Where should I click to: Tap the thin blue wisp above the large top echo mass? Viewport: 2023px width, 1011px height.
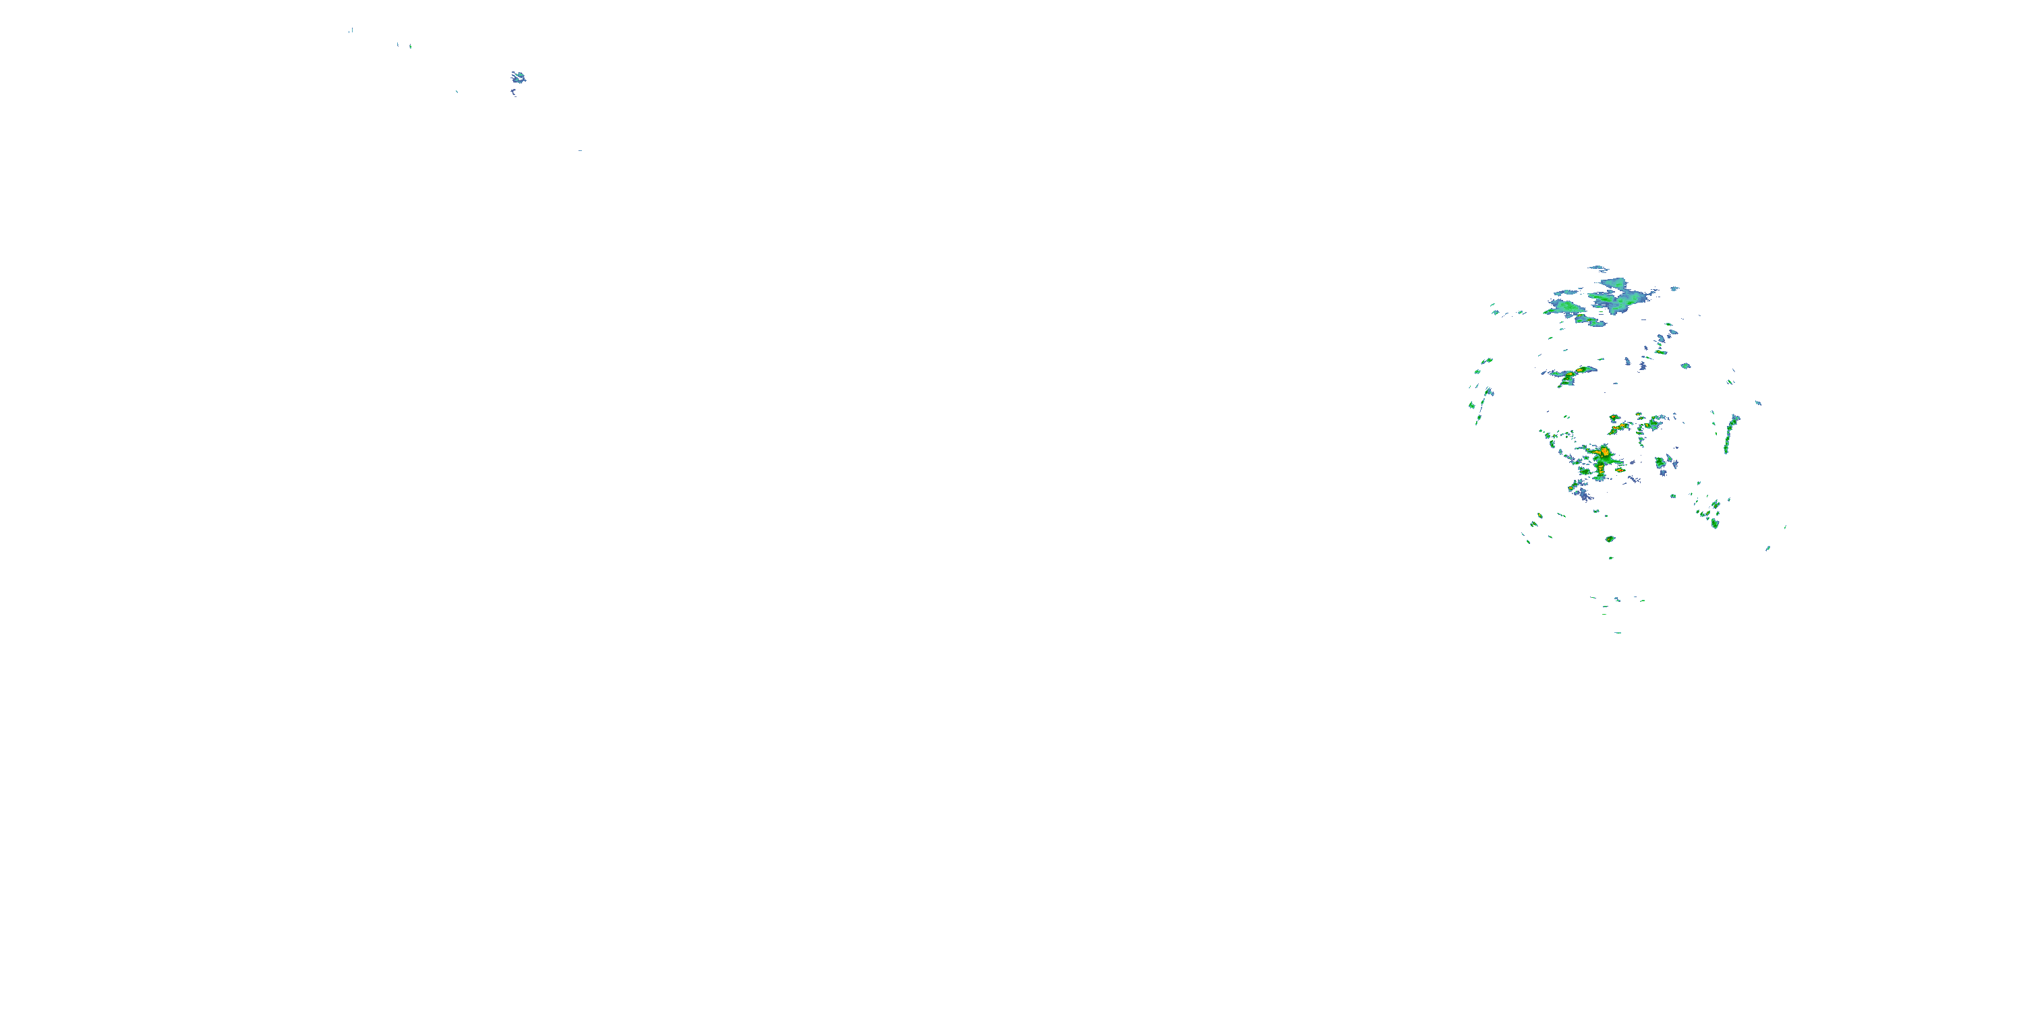(x=1598, y=268)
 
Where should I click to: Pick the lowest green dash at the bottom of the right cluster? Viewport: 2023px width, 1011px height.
(x=1618, y=632)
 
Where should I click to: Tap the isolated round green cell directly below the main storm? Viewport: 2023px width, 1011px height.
(x=1610, y=539)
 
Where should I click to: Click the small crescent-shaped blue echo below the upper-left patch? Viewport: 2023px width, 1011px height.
(x=514, y=92)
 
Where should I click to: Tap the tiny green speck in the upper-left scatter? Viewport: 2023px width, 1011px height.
(x=410, y=47)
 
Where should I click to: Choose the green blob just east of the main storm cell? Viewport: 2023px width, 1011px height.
(x=1661, y=463)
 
